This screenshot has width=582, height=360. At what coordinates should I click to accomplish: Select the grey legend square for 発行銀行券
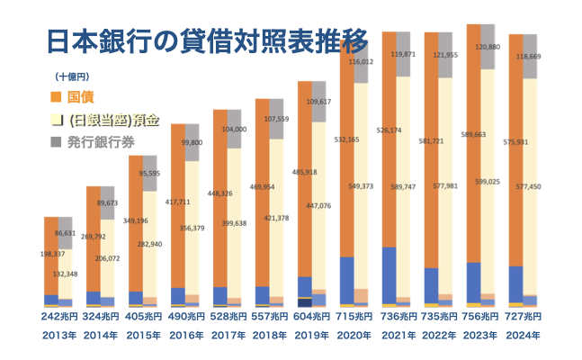tap(56, 142)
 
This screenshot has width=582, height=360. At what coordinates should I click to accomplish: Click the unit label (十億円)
tap(72, 76)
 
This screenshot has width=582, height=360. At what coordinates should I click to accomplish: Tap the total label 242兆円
tap(58, 318)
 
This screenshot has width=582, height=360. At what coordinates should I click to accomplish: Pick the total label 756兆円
tap(480, 318)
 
